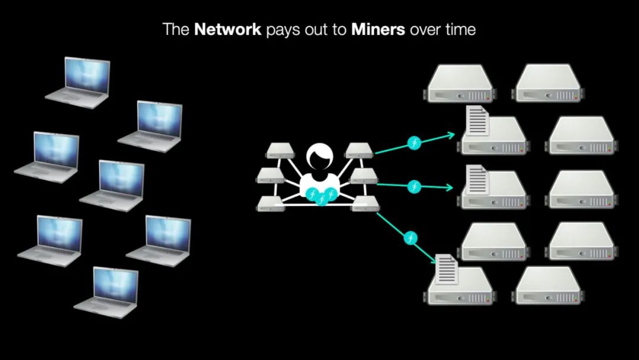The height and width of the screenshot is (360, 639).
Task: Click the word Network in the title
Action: click(227, 30)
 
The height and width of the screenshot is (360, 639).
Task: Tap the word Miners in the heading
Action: click(378, 30)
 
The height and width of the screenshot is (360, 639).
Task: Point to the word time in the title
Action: click(458, 30)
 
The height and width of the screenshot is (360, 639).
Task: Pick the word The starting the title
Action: click(176, 30)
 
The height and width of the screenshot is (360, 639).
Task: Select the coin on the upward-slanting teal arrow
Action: click(415, 143)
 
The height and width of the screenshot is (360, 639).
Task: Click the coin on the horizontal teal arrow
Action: click(415, 186)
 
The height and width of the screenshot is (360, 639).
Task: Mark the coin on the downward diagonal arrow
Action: click(412, 238)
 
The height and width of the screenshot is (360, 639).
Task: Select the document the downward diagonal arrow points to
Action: click(447, 269)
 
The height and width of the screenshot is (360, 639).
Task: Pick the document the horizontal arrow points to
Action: click(477, 180)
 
